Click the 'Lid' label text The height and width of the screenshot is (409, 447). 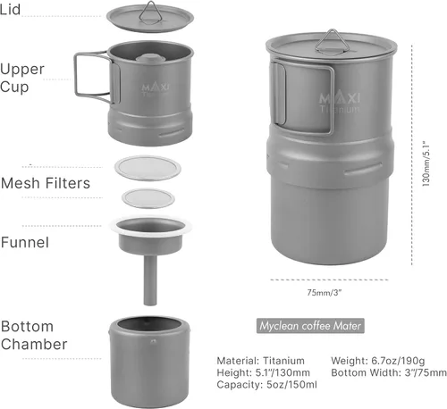click(x=10, y=9)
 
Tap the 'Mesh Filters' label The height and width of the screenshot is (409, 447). click(x=46, y=183)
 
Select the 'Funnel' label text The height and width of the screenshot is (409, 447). click(x=25, y=242)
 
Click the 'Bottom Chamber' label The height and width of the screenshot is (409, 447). click(x=34, y=335)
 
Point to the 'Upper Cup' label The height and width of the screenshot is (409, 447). click(x=22, y=78)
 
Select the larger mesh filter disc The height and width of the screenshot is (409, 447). click(x=148, y=168)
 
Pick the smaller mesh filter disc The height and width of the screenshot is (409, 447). click(x=148, y=198)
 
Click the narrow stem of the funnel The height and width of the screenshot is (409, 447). click(x=150, y=280)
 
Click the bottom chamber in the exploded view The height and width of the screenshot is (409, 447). click(x=149, y=363)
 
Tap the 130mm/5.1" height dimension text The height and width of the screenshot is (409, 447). click(x=426, y=164)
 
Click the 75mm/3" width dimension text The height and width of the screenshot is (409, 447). click(x=325, y=293)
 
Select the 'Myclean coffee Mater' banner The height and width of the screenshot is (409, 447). click(x=310, y=326)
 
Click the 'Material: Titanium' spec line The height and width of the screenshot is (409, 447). click(x=260, y=361)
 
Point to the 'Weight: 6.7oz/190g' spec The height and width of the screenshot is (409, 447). click(x=378, y=361)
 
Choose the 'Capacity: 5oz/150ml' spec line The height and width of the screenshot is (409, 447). click(x=266, y=385)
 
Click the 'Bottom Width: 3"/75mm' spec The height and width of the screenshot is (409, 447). click(x=389, y=372)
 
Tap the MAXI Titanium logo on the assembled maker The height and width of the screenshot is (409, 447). click(x=340, y=103)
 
